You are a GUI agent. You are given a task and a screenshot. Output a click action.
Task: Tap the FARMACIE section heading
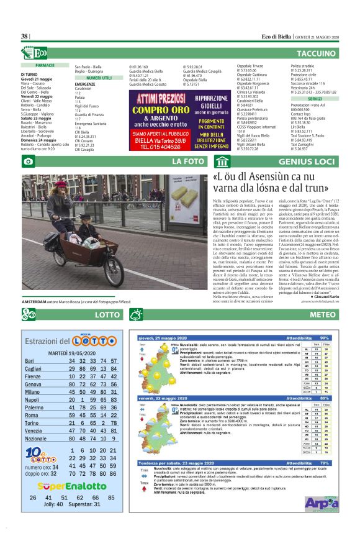point(45,65)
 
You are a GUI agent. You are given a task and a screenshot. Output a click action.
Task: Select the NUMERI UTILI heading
point(99,78)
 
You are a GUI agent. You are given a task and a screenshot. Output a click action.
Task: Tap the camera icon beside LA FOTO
point(28,162)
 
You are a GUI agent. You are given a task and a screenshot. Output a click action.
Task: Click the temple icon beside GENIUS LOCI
point(222,162)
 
